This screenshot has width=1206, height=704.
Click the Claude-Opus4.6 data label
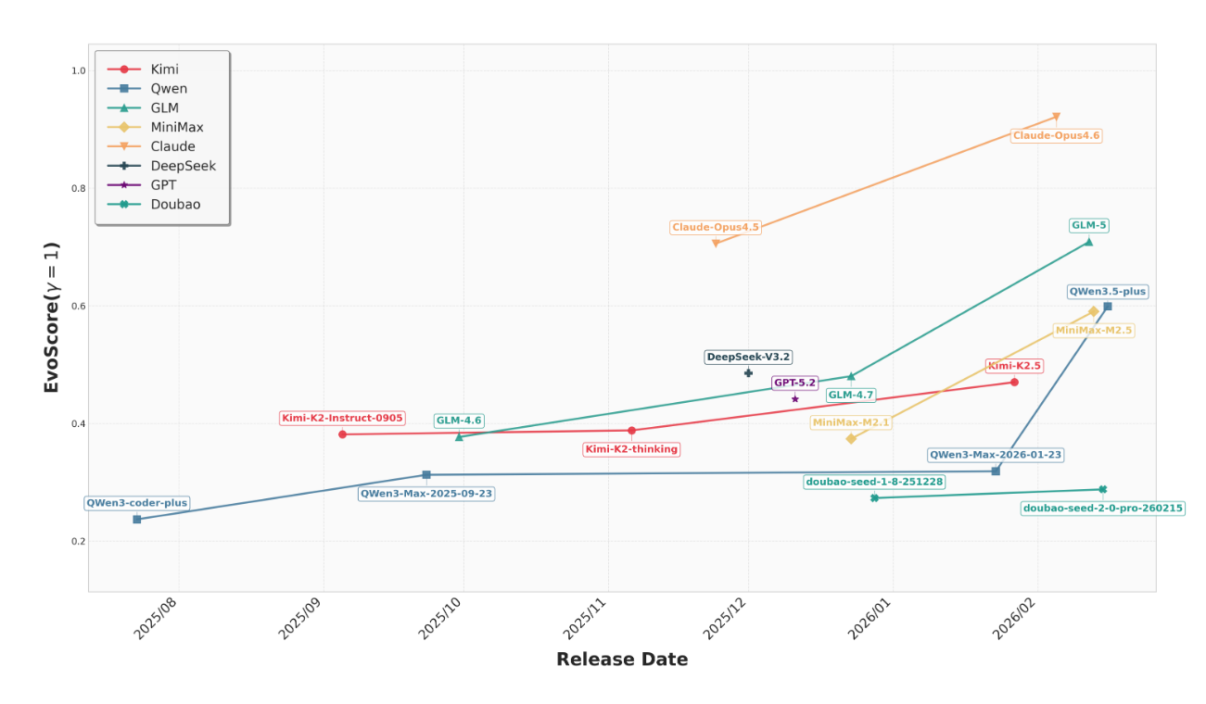(1056, 136)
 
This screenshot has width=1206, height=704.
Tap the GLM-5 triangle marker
(1088, 242)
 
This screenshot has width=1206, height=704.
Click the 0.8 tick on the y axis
(78, 189)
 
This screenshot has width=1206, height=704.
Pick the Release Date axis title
(622, 660)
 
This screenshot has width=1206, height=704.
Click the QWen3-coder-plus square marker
(137, 520)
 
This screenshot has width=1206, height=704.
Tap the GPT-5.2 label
(794, 383)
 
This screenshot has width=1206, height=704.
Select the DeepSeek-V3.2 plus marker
(748, 372)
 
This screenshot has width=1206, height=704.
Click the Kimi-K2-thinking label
(631, 449)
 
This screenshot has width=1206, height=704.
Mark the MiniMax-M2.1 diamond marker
(851, 438)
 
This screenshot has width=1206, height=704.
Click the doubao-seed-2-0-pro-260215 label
(1102, 509)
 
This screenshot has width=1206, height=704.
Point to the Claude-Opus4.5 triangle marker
(716, 243)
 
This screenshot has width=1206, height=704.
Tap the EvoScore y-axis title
(52, 318)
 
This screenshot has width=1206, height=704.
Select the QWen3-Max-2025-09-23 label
(426, 494)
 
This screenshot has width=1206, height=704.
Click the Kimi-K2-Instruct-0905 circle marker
(342, 434)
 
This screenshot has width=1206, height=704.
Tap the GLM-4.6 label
(459, 421)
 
